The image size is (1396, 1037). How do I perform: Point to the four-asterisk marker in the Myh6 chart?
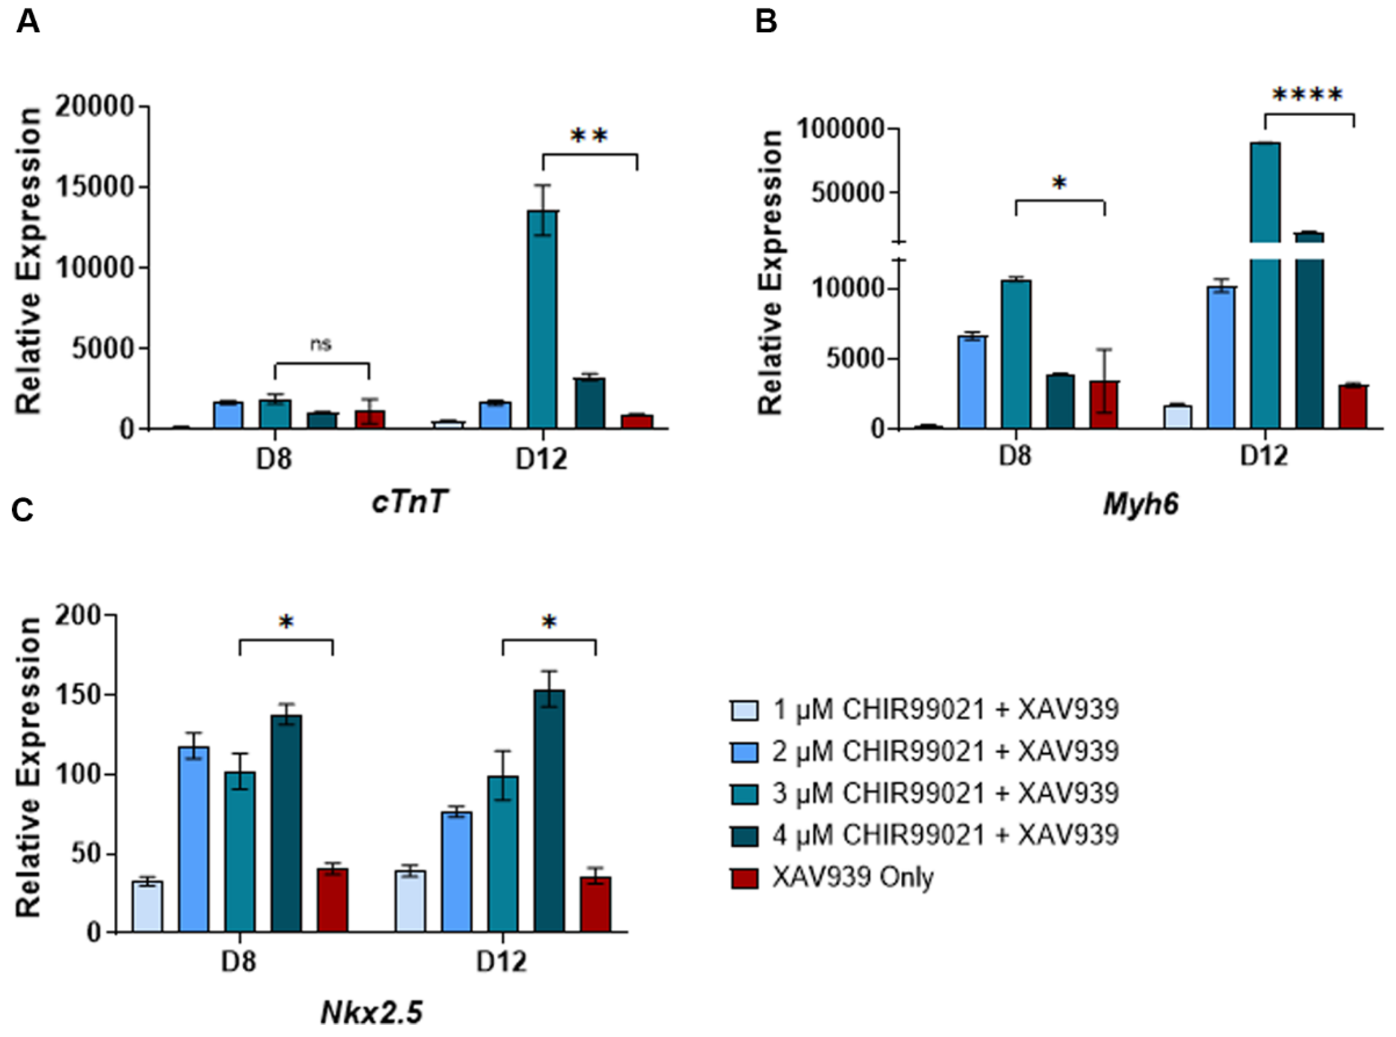[x=1308, y=96]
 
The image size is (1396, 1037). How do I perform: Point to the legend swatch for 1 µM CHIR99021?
[x=745, y=709]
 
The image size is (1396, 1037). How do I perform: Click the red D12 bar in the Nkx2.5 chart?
[x=595, y=904]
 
